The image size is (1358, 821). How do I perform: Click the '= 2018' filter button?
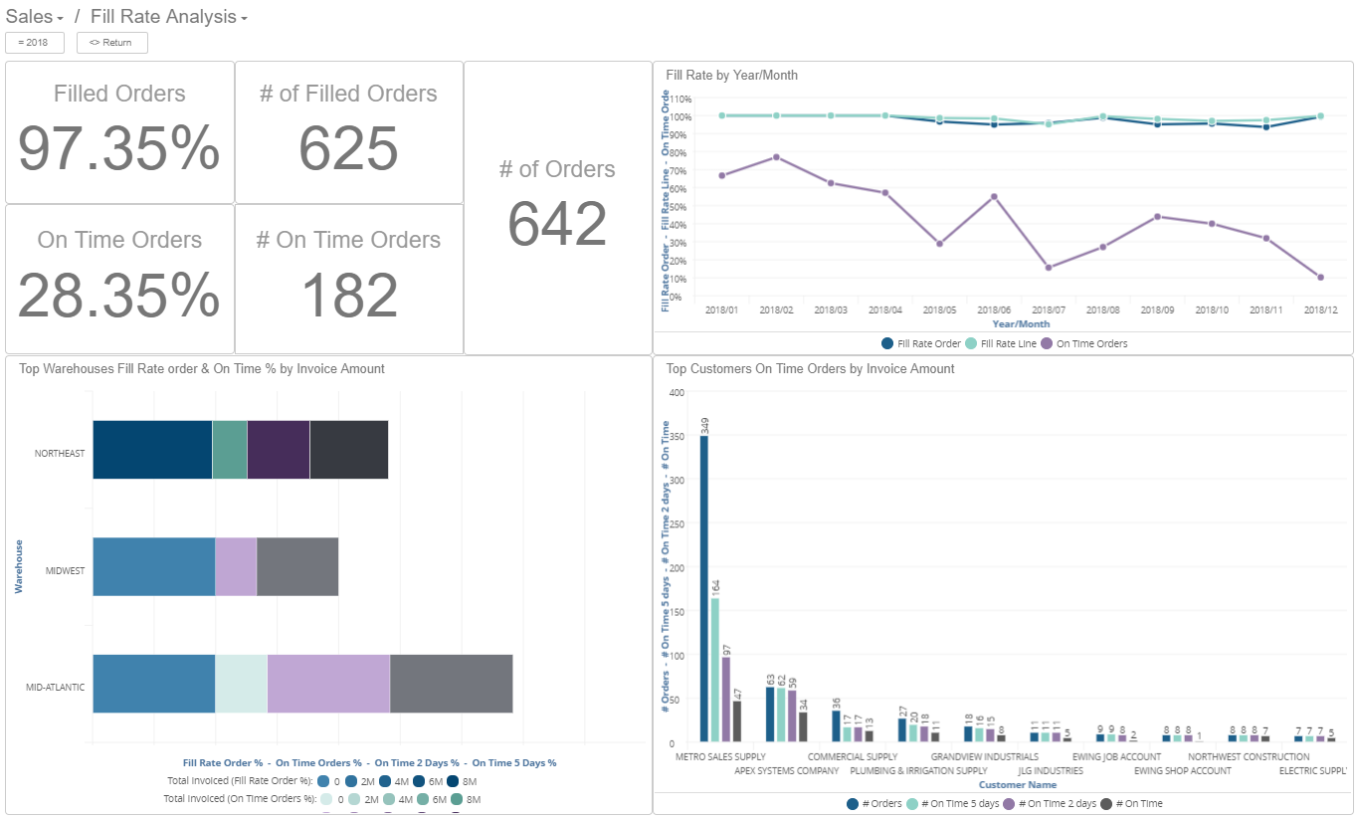(x=35, y=43)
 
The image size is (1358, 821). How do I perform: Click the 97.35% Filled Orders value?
(x=119, y=149)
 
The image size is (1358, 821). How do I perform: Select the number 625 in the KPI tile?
(x=348, y=149)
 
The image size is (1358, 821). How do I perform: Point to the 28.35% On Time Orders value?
(x=119, y=296)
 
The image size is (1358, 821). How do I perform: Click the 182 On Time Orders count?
(x=348, y=296)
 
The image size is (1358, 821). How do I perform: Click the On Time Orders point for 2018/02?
(x=776, y=157)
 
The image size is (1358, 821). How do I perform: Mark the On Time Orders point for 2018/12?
(x=1320, y=277)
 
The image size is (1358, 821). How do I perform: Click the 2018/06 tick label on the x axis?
(x=993, y=310)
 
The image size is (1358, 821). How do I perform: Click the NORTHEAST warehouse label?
(x=60, y=454)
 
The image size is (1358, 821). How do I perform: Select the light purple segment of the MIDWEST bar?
(x=236, y=567)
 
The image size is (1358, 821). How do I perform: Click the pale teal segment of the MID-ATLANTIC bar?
(x=241, y=684)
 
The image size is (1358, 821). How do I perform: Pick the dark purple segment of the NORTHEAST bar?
(x=279, y=450)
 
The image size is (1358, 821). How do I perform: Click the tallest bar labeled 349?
(x=704, y=587)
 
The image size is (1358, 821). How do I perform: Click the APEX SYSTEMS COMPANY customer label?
(x=787, y=770)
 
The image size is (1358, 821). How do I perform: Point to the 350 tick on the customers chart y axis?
(x=677, y=436)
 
